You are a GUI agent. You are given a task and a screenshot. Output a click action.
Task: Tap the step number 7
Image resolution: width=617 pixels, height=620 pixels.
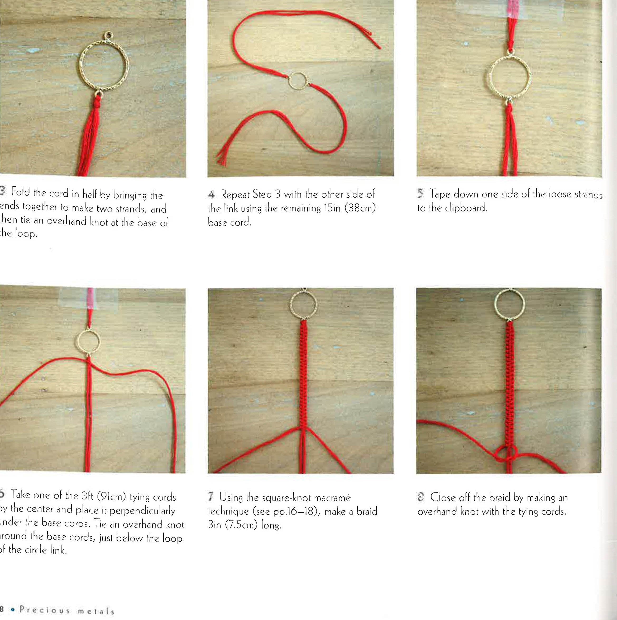tap(211, 497)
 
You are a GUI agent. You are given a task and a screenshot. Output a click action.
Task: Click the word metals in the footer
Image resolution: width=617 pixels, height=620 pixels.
tap(96, 611)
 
